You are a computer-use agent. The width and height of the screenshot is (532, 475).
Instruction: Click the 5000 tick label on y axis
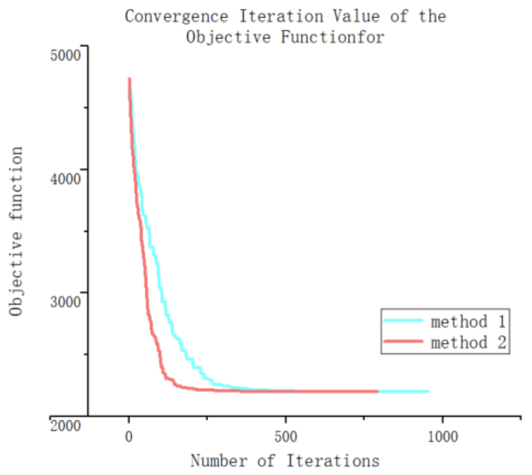(x=65, y=55)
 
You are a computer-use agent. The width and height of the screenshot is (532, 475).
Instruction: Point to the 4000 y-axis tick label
(x=65, y=179)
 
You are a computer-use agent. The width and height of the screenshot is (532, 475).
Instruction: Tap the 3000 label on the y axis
(x=65, y=302)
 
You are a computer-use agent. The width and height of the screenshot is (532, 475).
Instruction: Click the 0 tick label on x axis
(x=129, y=437)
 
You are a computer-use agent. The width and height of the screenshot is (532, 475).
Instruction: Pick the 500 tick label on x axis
(x=285, y=437)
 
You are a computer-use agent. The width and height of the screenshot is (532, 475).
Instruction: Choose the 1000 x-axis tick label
(x=442, y=437)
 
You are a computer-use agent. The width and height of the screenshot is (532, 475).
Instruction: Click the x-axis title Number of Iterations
(x=285, y=460)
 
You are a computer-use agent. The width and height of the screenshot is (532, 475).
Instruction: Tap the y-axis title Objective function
(x=16, y=231)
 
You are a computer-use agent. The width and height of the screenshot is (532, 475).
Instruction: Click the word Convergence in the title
(x=177, y=17)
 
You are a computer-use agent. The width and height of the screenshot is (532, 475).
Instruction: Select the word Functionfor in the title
(x=332, y=37)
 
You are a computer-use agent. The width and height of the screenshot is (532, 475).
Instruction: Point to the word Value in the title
(x=356, y=17)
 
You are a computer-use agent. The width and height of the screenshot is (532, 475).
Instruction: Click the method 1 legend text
(x=468, y=322)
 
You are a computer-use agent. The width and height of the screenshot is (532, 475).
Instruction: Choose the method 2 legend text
(x=468, y=343)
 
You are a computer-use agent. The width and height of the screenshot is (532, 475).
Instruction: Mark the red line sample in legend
(x=403, y=342)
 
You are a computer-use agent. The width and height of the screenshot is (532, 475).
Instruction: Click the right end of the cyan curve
(x=428, y=392)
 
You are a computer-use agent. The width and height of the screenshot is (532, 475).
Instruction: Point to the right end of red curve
(x=377, y=392)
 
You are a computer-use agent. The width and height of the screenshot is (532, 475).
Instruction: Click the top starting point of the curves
(x=129, y=79)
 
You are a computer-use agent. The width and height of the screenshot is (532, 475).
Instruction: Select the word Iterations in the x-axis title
(x=333, y=460)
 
